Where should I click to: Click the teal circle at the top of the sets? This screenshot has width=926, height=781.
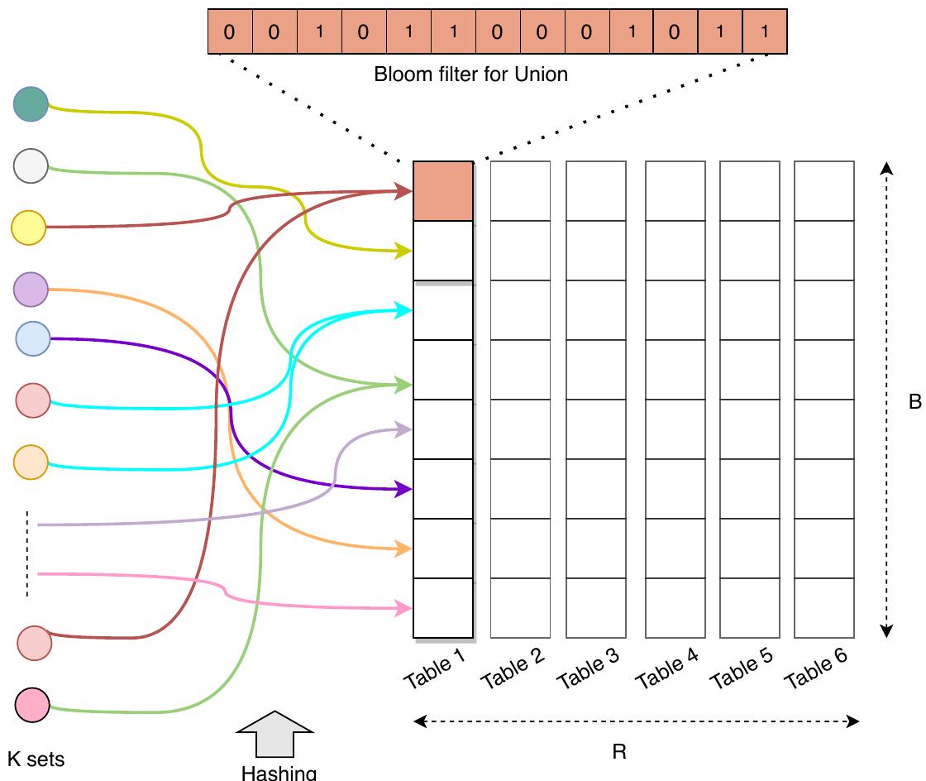click(31, 104)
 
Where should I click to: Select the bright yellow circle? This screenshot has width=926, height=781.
click(28, 228)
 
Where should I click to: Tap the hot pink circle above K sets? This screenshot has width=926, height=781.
click(32, 705)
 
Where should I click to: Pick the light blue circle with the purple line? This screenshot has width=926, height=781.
click(33, 338)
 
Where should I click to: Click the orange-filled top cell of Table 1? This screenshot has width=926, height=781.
click(443, 191)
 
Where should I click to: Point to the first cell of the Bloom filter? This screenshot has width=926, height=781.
click(229, 31)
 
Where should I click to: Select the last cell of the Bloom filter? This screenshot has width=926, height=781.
click(765, 31)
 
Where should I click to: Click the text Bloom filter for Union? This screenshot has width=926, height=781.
click(470, 74)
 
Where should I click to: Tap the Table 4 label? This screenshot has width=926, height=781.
click(666, 670)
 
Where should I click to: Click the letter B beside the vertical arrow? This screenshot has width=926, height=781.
click(914, 402)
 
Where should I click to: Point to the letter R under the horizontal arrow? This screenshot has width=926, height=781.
click(618, 752)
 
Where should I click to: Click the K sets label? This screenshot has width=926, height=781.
click(36, 759)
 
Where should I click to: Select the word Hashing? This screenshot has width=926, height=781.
click(279, 773)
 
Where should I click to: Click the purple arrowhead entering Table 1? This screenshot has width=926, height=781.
click(404, 489)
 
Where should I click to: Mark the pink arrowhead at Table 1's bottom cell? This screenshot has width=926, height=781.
click(404, 609)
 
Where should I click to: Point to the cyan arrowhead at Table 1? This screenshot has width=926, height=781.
click(404, 310)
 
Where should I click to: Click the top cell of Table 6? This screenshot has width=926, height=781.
click(823, 191)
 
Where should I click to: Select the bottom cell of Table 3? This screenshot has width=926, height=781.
click(595, 608)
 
